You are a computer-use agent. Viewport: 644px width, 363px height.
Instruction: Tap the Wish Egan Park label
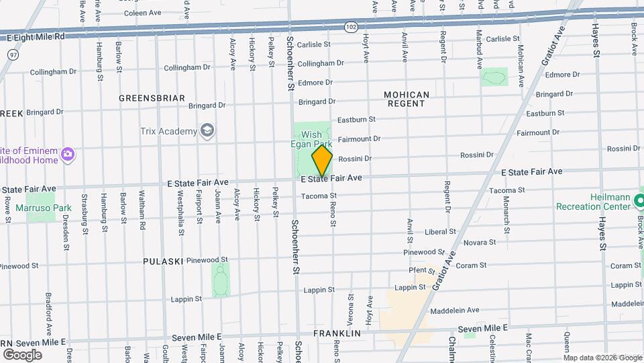tap(311, 139)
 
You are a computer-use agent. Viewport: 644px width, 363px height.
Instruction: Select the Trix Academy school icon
tap(207, 130)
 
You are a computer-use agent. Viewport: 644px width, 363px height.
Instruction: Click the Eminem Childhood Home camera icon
tap(67, 155)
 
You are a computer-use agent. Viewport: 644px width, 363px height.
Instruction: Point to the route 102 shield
tap(351, 26)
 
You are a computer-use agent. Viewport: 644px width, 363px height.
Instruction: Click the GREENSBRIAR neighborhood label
tap(152, 98)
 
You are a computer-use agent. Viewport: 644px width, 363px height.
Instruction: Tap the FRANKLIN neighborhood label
tap(337, 333)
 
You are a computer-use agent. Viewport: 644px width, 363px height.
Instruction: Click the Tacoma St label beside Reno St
tap(318, 196)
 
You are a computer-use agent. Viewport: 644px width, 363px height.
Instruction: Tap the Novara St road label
tap(480, 242)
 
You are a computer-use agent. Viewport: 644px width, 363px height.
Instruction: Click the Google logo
tap(22, 354)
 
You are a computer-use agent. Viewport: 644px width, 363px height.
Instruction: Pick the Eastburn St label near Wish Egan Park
tap(356, 120)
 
